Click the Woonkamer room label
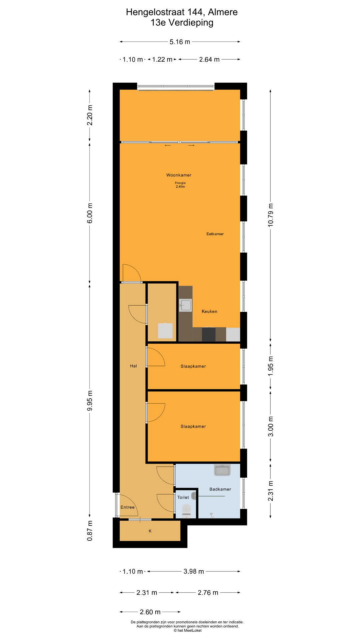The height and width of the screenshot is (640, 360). point(179,175)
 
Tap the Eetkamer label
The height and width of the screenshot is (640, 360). point(215,234)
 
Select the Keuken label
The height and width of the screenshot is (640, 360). point(209,311)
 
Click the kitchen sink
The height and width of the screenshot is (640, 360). point(186,305)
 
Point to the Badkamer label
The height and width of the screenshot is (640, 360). point(220,489)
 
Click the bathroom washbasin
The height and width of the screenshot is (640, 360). point(222,470)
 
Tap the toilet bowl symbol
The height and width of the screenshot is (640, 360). point(186,510)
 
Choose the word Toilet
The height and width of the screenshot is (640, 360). point(183,497)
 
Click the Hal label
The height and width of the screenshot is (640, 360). point(133,366)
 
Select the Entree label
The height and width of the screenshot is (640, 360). point(127,507)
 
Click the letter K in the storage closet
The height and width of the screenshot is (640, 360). point(150,531)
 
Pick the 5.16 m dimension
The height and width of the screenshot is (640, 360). point(180,42)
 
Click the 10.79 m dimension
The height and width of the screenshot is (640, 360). point(270,215)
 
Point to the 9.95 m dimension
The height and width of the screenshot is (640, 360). point(90,401)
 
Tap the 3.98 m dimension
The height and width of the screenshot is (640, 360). point(194,571)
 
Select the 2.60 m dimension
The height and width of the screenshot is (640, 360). point(150,612)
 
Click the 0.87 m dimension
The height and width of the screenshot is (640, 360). point(90,531)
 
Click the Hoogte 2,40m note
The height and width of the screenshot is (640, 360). point(180,185)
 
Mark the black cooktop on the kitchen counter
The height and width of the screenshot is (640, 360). point(209,334)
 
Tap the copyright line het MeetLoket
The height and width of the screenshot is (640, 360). point(187,630)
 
